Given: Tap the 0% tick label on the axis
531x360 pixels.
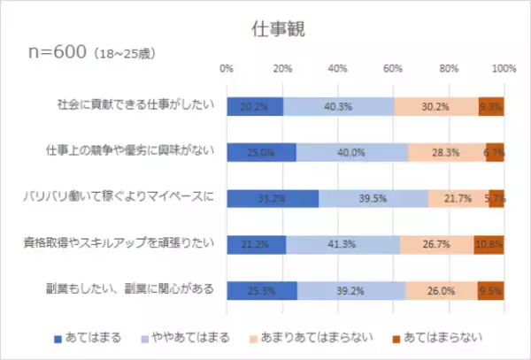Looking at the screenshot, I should [x=227, y=69].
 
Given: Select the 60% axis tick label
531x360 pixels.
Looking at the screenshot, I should [x=392, y=69].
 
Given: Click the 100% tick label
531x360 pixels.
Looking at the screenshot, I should [x=504, y=69].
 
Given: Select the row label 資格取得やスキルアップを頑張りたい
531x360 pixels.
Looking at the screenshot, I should [x=131, y=242].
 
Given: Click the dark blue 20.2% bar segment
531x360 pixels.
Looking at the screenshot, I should [x=255, y=106].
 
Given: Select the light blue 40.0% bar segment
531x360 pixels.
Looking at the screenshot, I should [x=351, y=151].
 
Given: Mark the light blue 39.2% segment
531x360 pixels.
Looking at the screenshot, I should [x=351, y=288].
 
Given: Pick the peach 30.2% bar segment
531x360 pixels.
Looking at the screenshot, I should [x=436, y=106].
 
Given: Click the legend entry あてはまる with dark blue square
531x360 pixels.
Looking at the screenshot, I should [x=87, y=337].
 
